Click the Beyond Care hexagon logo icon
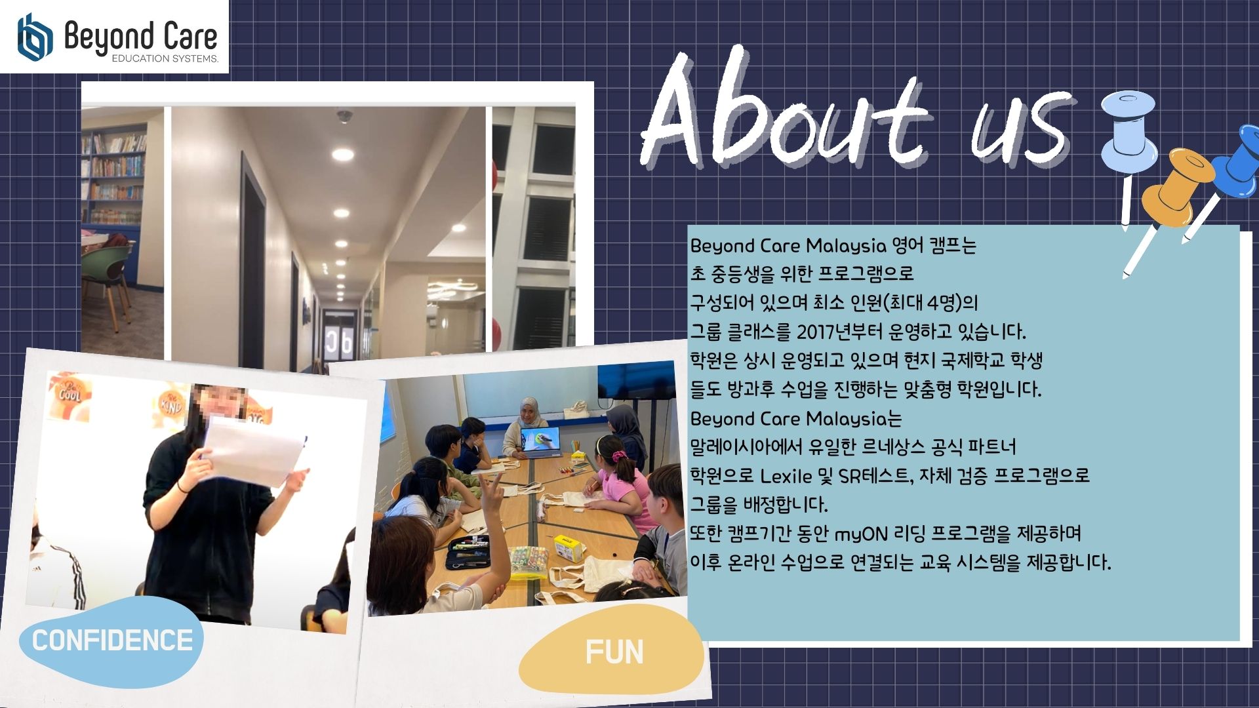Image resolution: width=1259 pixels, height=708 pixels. pos(35,37)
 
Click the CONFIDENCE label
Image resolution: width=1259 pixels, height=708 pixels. pos(112,640)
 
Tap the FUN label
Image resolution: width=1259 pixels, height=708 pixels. pos(614,652)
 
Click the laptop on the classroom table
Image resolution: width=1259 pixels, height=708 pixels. pos(540,442)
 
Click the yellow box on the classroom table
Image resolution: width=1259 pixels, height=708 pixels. pos(569,548)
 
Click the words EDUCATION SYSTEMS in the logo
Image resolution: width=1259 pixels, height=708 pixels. pos(165,59)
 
